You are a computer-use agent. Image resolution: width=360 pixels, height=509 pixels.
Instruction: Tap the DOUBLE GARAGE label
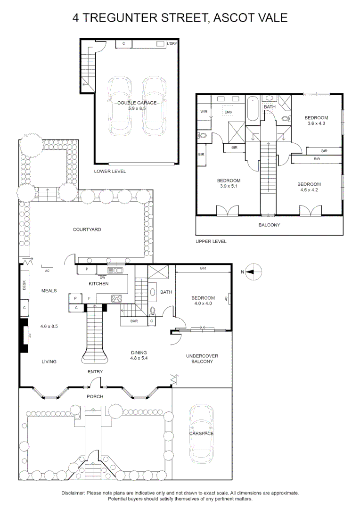click(x=137, y=103)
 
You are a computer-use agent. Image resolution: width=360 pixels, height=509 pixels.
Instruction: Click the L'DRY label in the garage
click(x=172, y=43)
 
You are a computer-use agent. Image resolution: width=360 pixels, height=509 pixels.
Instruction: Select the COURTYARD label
click(x=87, y=230)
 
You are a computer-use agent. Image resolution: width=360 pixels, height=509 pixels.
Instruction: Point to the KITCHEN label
click(x=98, y=283)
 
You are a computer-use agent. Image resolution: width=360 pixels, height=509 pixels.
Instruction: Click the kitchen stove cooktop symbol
click(x=117, y=298)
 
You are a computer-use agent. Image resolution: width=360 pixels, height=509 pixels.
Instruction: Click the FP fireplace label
click(x=30, y=336)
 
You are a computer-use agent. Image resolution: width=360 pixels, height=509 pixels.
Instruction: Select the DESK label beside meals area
click(x=24, y=285)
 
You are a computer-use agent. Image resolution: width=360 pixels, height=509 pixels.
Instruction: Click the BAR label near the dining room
click(x=134, y=321)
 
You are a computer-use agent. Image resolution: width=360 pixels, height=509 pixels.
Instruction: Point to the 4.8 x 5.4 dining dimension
click(x=139, y=358)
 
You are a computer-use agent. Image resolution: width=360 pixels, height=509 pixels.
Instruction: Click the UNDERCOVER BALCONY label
click(x=202, y=359)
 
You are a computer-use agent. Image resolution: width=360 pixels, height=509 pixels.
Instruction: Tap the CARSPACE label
click(x=202, y=434)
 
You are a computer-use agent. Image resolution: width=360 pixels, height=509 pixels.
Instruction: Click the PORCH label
click(x=95, y=396)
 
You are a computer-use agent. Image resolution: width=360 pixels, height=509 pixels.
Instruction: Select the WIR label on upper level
click(x=204, y=112)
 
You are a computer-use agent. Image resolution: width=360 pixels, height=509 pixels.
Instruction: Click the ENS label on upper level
click(x=228, y=112)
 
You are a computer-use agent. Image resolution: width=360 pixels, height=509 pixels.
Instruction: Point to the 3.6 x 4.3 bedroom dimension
click(x=317, y=123)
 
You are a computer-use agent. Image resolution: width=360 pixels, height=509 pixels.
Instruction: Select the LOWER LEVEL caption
click(x=110, y=172)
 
